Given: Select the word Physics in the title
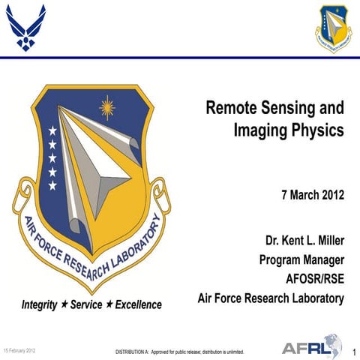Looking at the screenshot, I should click(316, 130).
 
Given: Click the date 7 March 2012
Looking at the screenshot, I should click(312, 196).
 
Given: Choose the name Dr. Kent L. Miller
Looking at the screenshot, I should click(304, 241).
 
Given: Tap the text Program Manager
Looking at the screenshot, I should click(301, 260).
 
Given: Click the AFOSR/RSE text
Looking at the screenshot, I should click(316, 279).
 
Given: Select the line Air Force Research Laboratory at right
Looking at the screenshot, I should click(270, 298).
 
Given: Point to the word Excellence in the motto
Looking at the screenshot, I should click(139, 305).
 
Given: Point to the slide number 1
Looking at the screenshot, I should click(352, 350).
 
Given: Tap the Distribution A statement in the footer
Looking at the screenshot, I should click(179, 351).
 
